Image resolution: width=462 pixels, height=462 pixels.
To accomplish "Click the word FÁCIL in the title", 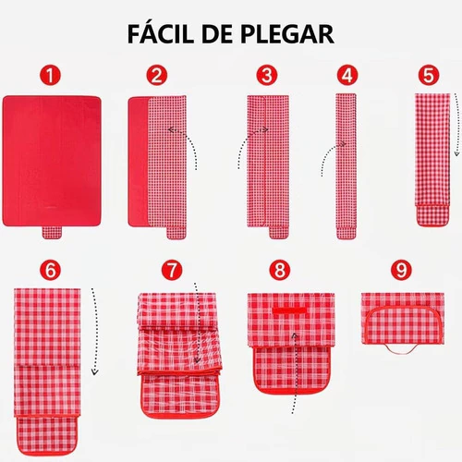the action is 161,33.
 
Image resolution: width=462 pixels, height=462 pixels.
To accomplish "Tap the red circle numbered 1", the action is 50,76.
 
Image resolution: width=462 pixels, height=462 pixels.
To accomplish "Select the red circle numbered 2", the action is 157,76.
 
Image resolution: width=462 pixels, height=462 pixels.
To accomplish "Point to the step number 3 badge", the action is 267,76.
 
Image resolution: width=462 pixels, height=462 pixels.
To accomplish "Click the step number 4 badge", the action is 347,76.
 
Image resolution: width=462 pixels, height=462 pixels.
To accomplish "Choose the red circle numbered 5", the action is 429,76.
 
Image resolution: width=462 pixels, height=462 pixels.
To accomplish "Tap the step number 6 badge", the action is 50,270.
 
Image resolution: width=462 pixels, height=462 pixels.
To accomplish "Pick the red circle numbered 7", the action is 172,270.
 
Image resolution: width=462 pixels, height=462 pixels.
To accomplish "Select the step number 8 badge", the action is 280,270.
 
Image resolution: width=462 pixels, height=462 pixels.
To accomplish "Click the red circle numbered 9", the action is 401,270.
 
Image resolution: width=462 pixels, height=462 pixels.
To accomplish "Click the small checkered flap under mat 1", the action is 52,233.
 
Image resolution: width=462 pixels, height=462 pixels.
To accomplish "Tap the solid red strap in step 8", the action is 289,310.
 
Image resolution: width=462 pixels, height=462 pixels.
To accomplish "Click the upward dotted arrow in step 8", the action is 295,372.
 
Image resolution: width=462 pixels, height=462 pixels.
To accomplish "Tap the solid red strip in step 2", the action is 139,162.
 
